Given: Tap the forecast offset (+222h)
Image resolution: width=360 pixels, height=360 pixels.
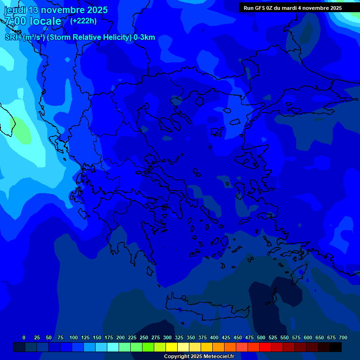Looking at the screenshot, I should point(83,21).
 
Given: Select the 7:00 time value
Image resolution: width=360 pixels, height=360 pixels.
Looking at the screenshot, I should point(15,21).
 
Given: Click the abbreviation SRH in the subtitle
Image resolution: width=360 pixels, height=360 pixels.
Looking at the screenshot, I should point(13,37).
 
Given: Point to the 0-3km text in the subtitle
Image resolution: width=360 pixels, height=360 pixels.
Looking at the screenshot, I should point(144,37).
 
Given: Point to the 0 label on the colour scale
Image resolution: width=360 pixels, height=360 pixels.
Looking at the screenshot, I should point(24,337).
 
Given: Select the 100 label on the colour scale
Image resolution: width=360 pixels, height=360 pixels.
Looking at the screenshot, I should point(74,337).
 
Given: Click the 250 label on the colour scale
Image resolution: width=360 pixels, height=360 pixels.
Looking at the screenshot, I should point(144,337).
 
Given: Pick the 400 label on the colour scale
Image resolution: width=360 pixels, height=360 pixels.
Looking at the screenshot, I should point(214,337).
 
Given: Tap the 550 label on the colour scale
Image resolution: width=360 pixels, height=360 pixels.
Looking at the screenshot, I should point(285,337).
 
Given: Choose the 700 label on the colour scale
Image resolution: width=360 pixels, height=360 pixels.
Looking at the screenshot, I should point(343,337).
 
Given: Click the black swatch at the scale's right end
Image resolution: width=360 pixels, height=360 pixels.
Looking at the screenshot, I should point(336,347).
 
